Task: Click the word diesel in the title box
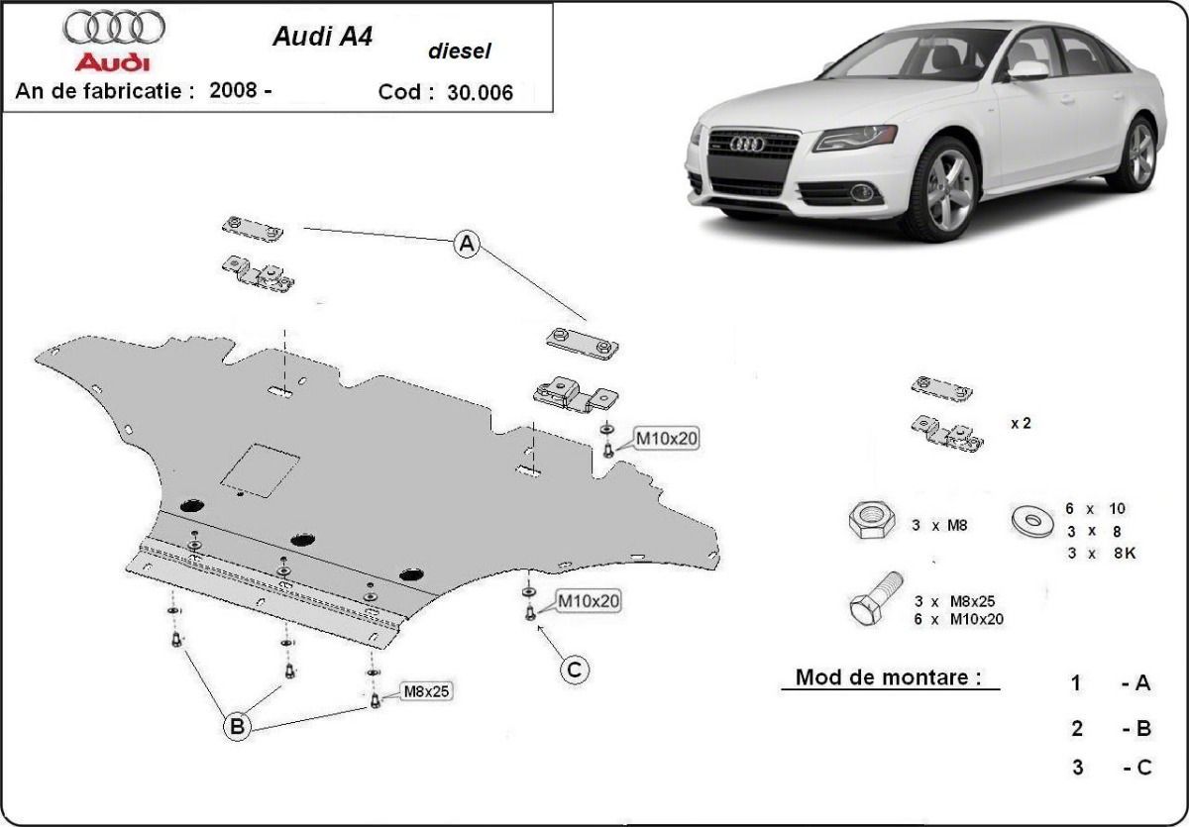[459, 52]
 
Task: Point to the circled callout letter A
[467, 244]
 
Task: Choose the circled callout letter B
[237, 728]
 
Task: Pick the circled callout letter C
[574, 671]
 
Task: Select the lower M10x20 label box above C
[589, 600]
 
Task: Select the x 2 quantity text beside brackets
[1021, 423]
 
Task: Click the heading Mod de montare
[889, 677]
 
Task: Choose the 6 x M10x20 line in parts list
[958, 619]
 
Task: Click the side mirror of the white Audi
[1028, 69]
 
